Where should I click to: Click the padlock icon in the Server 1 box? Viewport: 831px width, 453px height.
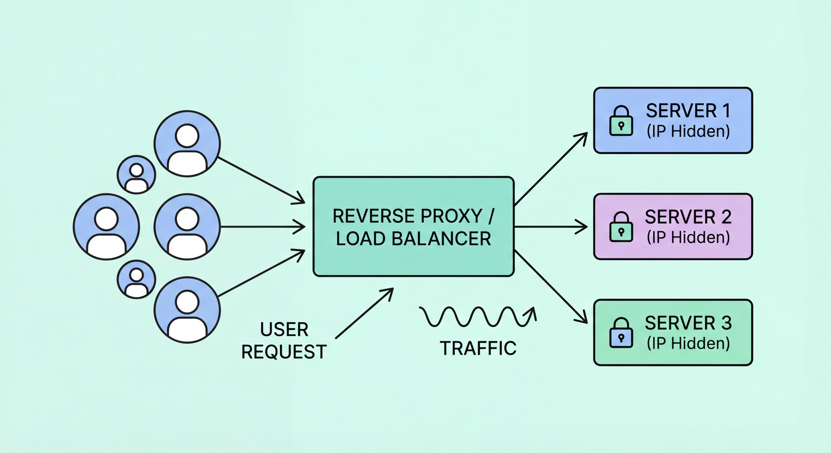pos(621,121)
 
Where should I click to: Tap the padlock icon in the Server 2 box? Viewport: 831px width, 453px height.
pos(621,227)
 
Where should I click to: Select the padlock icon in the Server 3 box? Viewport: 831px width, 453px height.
pos(621,333)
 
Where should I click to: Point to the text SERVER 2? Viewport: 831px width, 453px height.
pos(688,217)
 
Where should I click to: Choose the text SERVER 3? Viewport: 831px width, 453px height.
pos(688,323)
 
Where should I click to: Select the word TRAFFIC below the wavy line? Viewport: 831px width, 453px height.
pos(478,348)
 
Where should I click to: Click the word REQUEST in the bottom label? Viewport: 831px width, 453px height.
pos(284,352)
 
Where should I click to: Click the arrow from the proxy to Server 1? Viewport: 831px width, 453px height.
pos(550,169)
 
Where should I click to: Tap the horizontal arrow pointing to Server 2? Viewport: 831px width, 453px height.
pos(550,227)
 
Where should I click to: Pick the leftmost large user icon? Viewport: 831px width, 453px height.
pos(107,227)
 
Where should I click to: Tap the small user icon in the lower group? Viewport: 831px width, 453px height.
pos(136,280)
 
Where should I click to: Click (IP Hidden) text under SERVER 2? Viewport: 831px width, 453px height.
pos(688,237)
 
